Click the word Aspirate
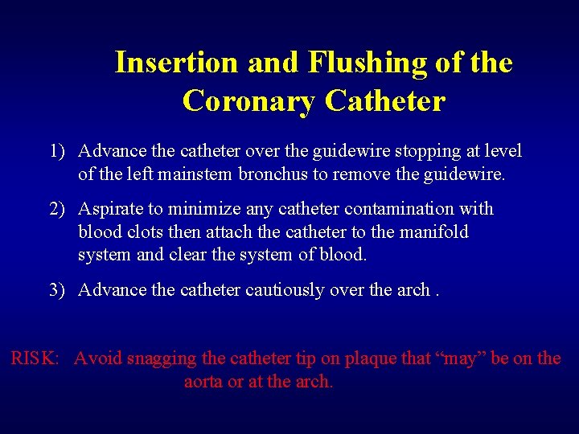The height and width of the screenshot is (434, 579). point(109,209)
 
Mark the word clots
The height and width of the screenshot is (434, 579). point(143,232)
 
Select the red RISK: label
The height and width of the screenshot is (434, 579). point(35,358)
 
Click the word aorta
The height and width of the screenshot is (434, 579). point(203,382)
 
